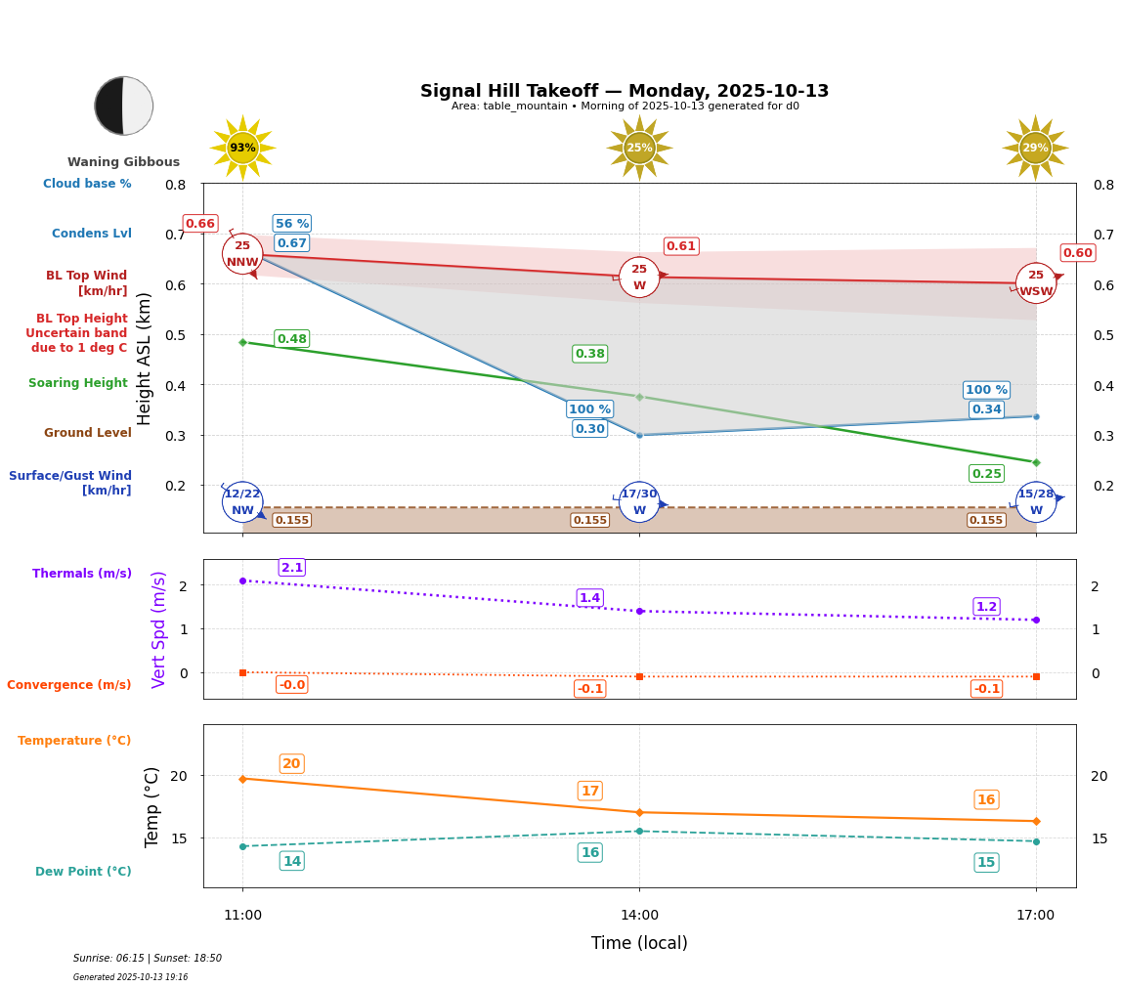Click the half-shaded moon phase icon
[124, 106]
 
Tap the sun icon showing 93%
[242, 148]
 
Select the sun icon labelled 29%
[1035, 148]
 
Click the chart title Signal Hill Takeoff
[624, 91]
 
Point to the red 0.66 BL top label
[200, 224]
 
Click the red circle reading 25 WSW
[1036, 283]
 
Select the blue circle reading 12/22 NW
[242, 502]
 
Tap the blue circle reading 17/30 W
[639, 502]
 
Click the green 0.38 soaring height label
[590, 354]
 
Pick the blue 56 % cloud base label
[292, 224]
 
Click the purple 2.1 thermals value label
[292, 568]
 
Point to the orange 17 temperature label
[590, 792]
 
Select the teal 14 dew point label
[292, 861]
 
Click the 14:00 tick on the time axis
[639, 916]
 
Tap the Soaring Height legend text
[78, 383]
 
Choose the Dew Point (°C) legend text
[83, 872]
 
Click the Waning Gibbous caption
[123, 162]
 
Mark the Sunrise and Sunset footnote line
[148, 959]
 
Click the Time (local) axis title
[639, 943]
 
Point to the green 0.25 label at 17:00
[986, 474]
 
